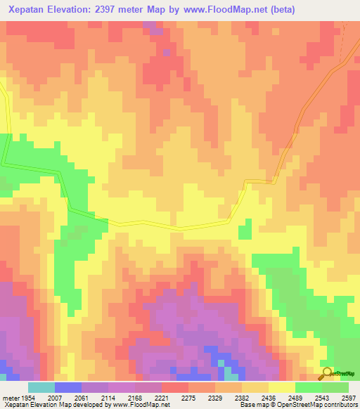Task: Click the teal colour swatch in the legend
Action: pyautogui.click(x=41, y=388)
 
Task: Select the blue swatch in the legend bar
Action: pyautogui.click(x=68, y=388)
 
